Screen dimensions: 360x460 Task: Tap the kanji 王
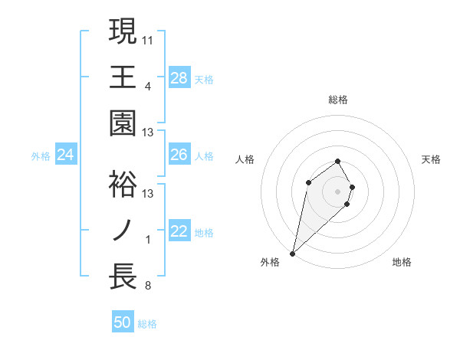tap(123, 77)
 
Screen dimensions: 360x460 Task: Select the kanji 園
tap(123, 123)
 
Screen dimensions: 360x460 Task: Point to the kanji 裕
tap(123, 184)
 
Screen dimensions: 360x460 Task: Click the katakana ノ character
tap(123, 230)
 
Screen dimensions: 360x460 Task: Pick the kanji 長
tap(123, 276)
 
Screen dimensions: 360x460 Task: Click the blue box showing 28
tap(179, 77)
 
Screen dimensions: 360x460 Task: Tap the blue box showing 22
tap(179, 232)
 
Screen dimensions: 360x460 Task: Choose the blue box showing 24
tap(65, 155)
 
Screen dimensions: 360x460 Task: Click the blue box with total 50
tap(123, 323)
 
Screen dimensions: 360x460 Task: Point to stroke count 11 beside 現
tap(148, 39)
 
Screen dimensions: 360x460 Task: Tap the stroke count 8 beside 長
tap(148, 286)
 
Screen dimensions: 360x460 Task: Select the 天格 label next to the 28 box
tap(204, 79)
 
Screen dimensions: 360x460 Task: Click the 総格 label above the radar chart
tap(338, 100)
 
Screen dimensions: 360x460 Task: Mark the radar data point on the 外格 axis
tap(292, 253)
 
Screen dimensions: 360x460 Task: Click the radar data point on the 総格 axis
tap(338, 162)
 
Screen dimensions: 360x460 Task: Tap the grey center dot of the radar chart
tap(338, 191)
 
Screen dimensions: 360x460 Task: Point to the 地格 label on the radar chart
tap(402, 263)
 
